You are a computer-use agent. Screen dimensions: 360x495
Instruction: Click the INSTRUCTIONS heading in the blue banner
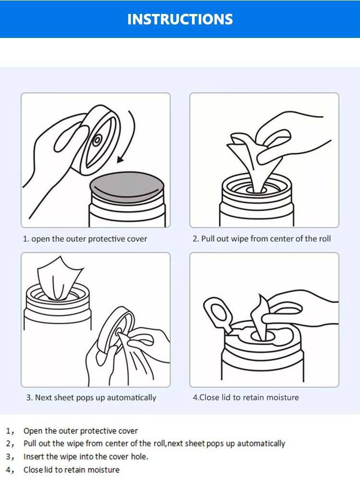tap(180, 19)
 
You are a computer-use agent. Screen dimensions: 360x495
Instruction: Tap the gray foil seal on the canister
tap(127, 187)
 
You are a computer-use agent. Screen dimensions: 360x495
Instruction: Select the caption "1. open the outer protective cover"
tap(85, 239)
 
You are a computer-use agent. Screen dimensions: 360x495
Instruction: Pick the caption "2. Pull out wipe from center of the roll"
tap(262, 239)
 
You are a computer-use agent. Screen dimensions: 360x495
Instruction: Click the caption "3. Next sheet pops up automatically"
tap(91, 398)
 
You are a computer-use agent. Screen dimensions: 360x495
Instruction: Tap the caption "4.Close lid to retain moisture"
tap(245, 397)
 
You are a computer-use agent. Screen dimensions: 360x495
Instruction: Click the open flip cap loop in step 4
tap(218, 313)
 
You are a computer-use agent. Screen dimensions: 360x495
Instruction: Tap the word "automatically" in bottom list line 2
tap(261, 444)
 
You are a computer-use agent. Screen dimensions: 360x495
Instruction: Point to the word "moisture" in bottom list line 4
tap(104, 470)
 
